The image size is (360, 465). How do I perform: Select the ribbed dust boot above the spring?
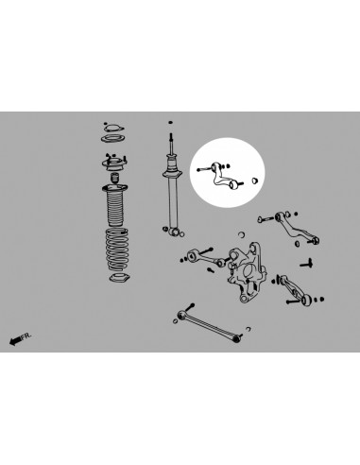[x=115, y=204]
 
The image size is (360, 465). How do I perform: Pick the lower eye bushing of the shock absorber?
[x=170, y=228]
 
